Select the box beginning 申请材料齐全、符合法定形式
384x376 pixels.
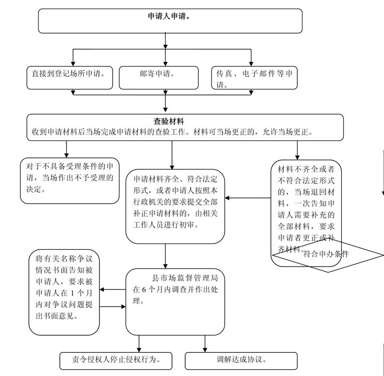pyautogui.click(x=175, y=205)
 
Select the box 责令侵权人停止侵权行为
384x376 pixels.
pyautogui.click(x=116, y=360)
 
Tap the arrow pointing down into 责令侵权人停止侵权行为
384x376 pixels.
pyautogui.click(x=139, y=346)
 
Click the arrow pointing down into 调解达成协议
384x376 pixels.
pyautogui.click(x=205, y=346)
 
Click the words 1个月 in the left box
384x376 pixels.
pyautogui.click(x=73, y=294)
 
